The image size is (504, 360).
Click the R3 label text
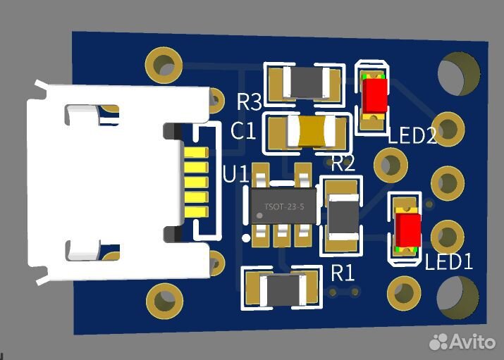pyautogui.click(x=249, y=101)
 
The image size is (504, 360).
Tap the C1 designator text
pyautogui.click(x=243, y=131)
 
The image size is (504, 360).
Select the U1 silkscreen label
pyautogui.click(x=235, y=174)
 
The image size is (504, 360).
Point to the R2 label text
pyautogui.click(x=343, y=165)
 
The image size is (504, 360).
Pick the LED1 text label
pyautogui.click(x=448, y=262)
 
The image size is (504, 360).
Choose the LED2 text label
pyautogui.click(x=412, y=136)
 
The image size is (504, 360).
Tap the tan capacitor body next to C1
pyautogui.click(x=311, y=132)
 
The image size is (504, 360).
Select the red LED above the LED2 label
pyautogui.click(x=374, y=94)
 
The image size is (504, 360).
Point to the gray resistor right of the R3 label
pyautogui.click(x=304, y=82)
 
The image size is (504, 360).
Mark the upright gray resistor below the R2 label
pyautogui.click(x=343, y=216)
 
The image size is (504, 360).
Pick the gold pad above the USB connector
pyautogui.click(x=164, y=65)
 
